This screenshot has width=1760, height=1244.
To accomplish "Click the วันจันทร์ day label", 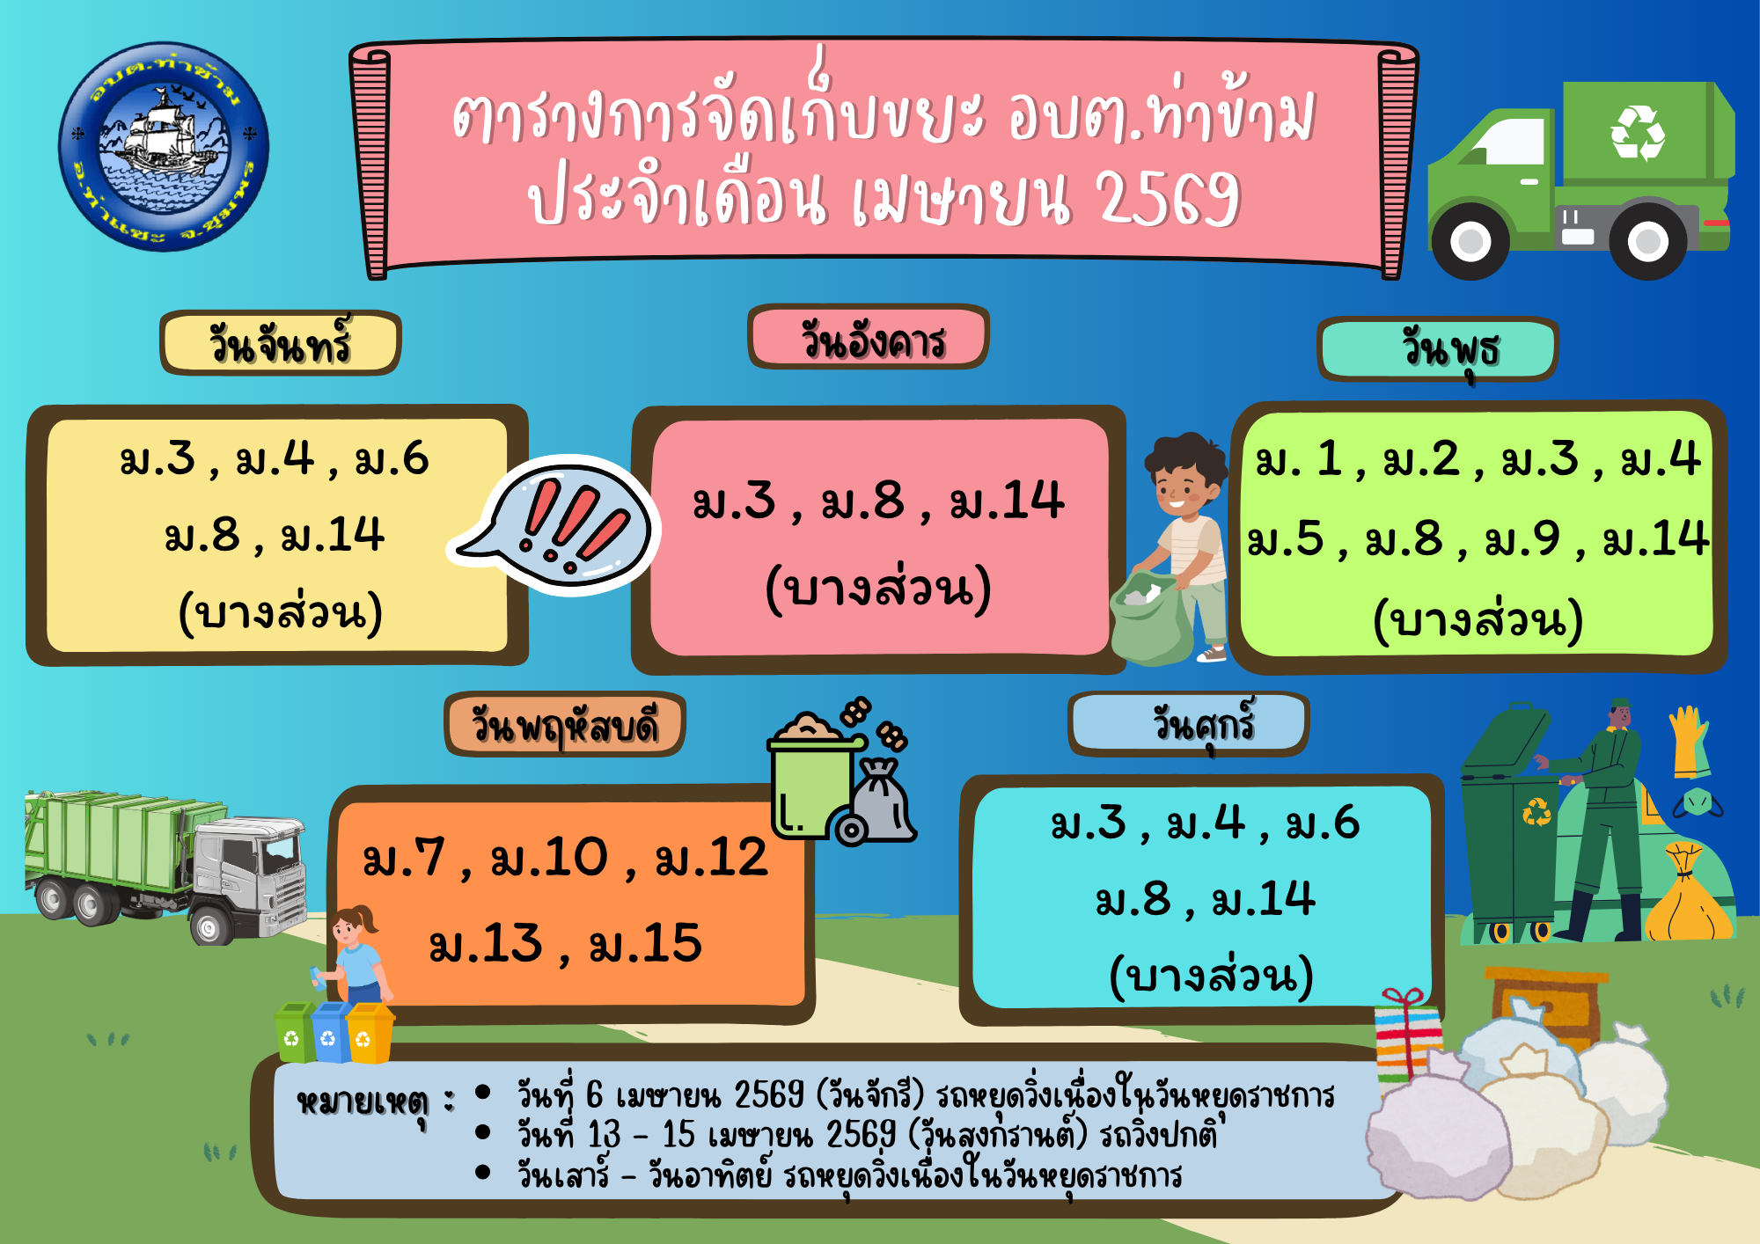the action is (280, 343).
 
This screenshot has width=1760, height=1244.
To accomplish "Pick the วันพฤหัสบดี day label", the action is (565, 725).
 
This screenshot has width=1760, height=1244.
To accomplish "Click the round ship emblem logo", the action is (164, 147).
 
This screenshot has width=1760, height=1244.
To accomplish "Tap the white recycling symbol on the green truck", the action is (1637, 134).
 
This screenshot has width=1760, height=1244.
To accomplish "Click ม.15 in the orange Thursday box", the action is (645, 944).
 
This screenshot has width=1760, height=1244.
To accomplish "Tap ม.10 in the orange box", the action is (549, 858).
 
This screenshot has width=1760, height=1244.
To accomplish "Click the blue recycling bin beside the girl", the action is (329, 1031).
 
